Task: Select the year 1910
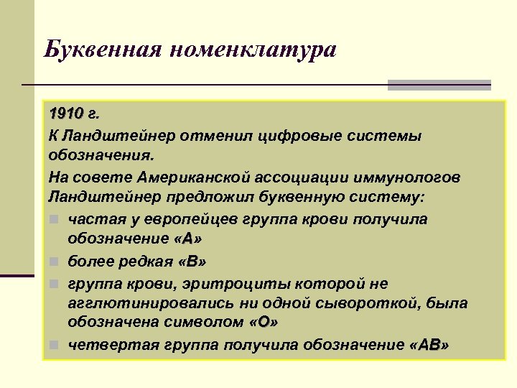coord(66,114)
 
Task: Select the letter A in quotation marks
coord(187,239)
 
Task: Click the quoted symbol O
coord(264,323)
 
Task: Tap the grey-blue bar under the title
coord(439,85)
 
